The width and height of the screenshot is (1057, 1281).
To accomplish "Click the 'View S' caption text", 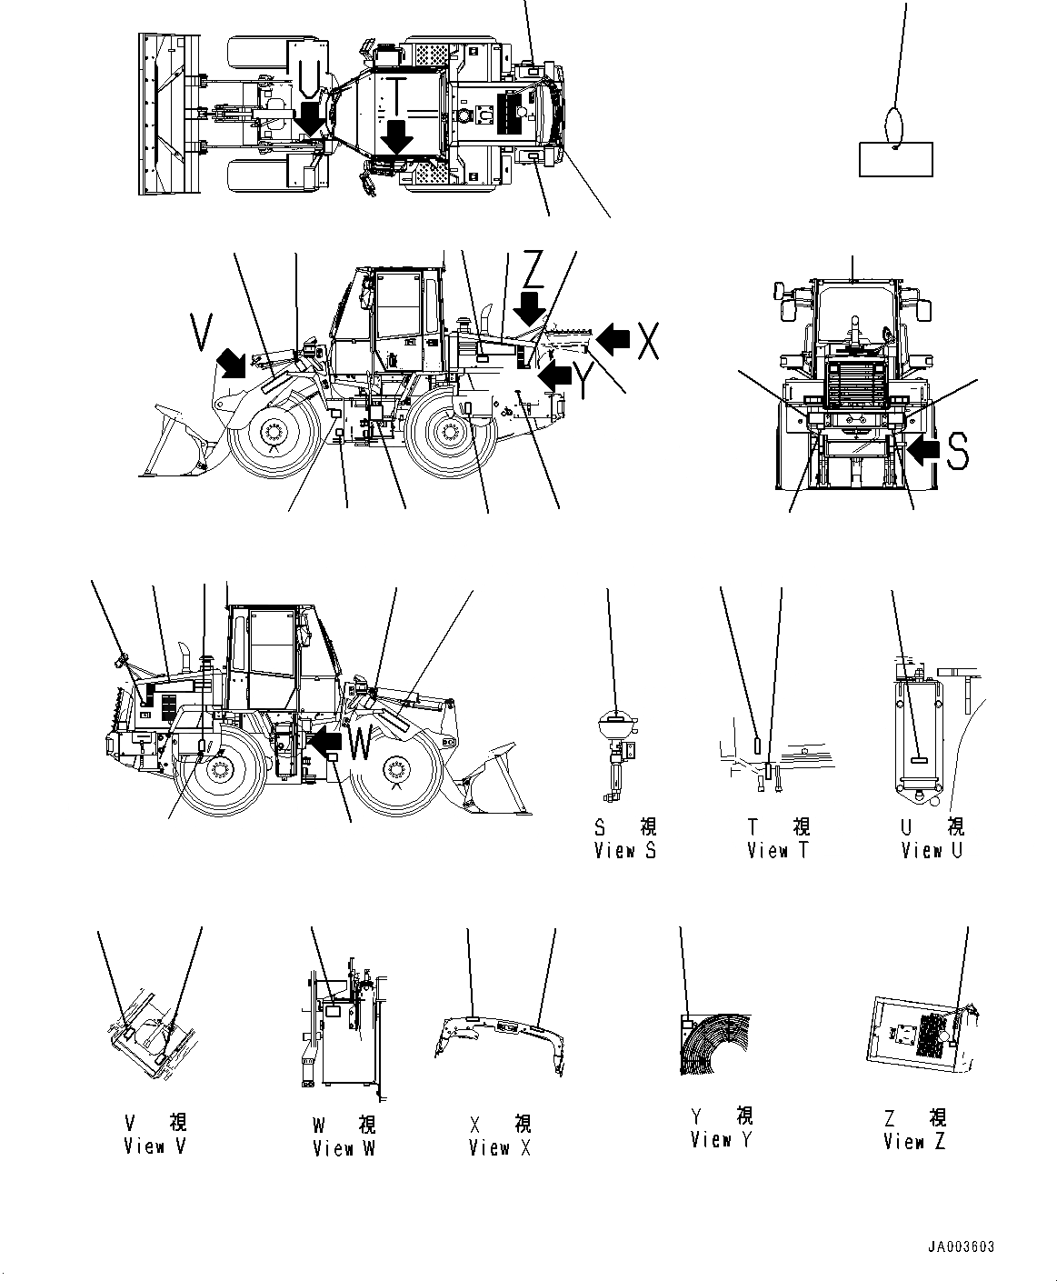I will point(624,851).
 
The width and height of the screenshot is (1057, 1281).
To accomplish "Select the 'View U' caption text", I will point(932,851).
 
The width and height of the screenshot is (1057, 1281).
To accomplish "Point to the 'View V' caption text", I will point(155,1146).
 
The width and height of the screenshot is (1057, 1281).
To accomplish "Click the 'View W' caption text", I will point(344,1149).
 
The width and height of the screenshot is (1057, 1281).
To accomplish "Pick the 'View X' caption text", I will point(499,1148).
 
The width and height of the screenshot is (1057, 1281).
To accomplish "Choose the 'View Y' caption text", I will point(722,1140).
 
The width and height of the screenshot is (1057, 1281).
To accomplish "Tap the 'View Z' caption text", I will point(914,1142).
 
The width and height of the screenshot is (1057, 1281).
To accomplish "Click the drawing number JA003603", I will point(962,1247).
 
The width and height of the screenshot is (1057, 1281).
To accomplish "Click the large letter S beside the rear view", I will point(957,451).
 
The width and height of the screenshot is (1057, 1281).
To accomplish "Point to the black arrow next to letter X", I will point(614,339).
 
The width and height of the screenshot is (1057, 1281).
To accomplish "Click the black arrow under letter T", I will point(397,138).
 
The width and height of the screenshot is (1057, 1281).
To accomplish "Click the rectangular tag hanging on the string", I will point(895,159).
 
